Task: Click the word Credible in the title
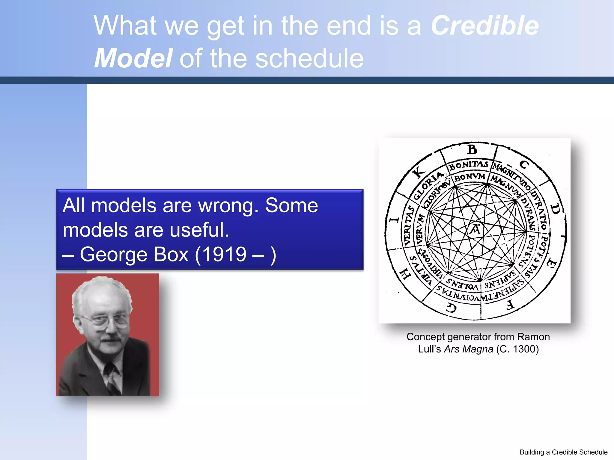[x=484, y=26]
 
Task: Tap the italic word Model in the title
[x=133, y=58]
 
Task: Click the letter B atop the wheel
[x=472, y=149]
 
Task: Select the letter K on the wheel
[x=419, y=172]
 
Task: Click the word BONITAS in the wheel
[x=468, y=165]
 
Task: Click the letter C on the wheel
[x=524, y=164]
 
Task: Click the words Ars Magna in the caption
[x=468, y=349]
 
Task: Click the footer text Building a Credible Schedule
[x=563, y=452]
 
